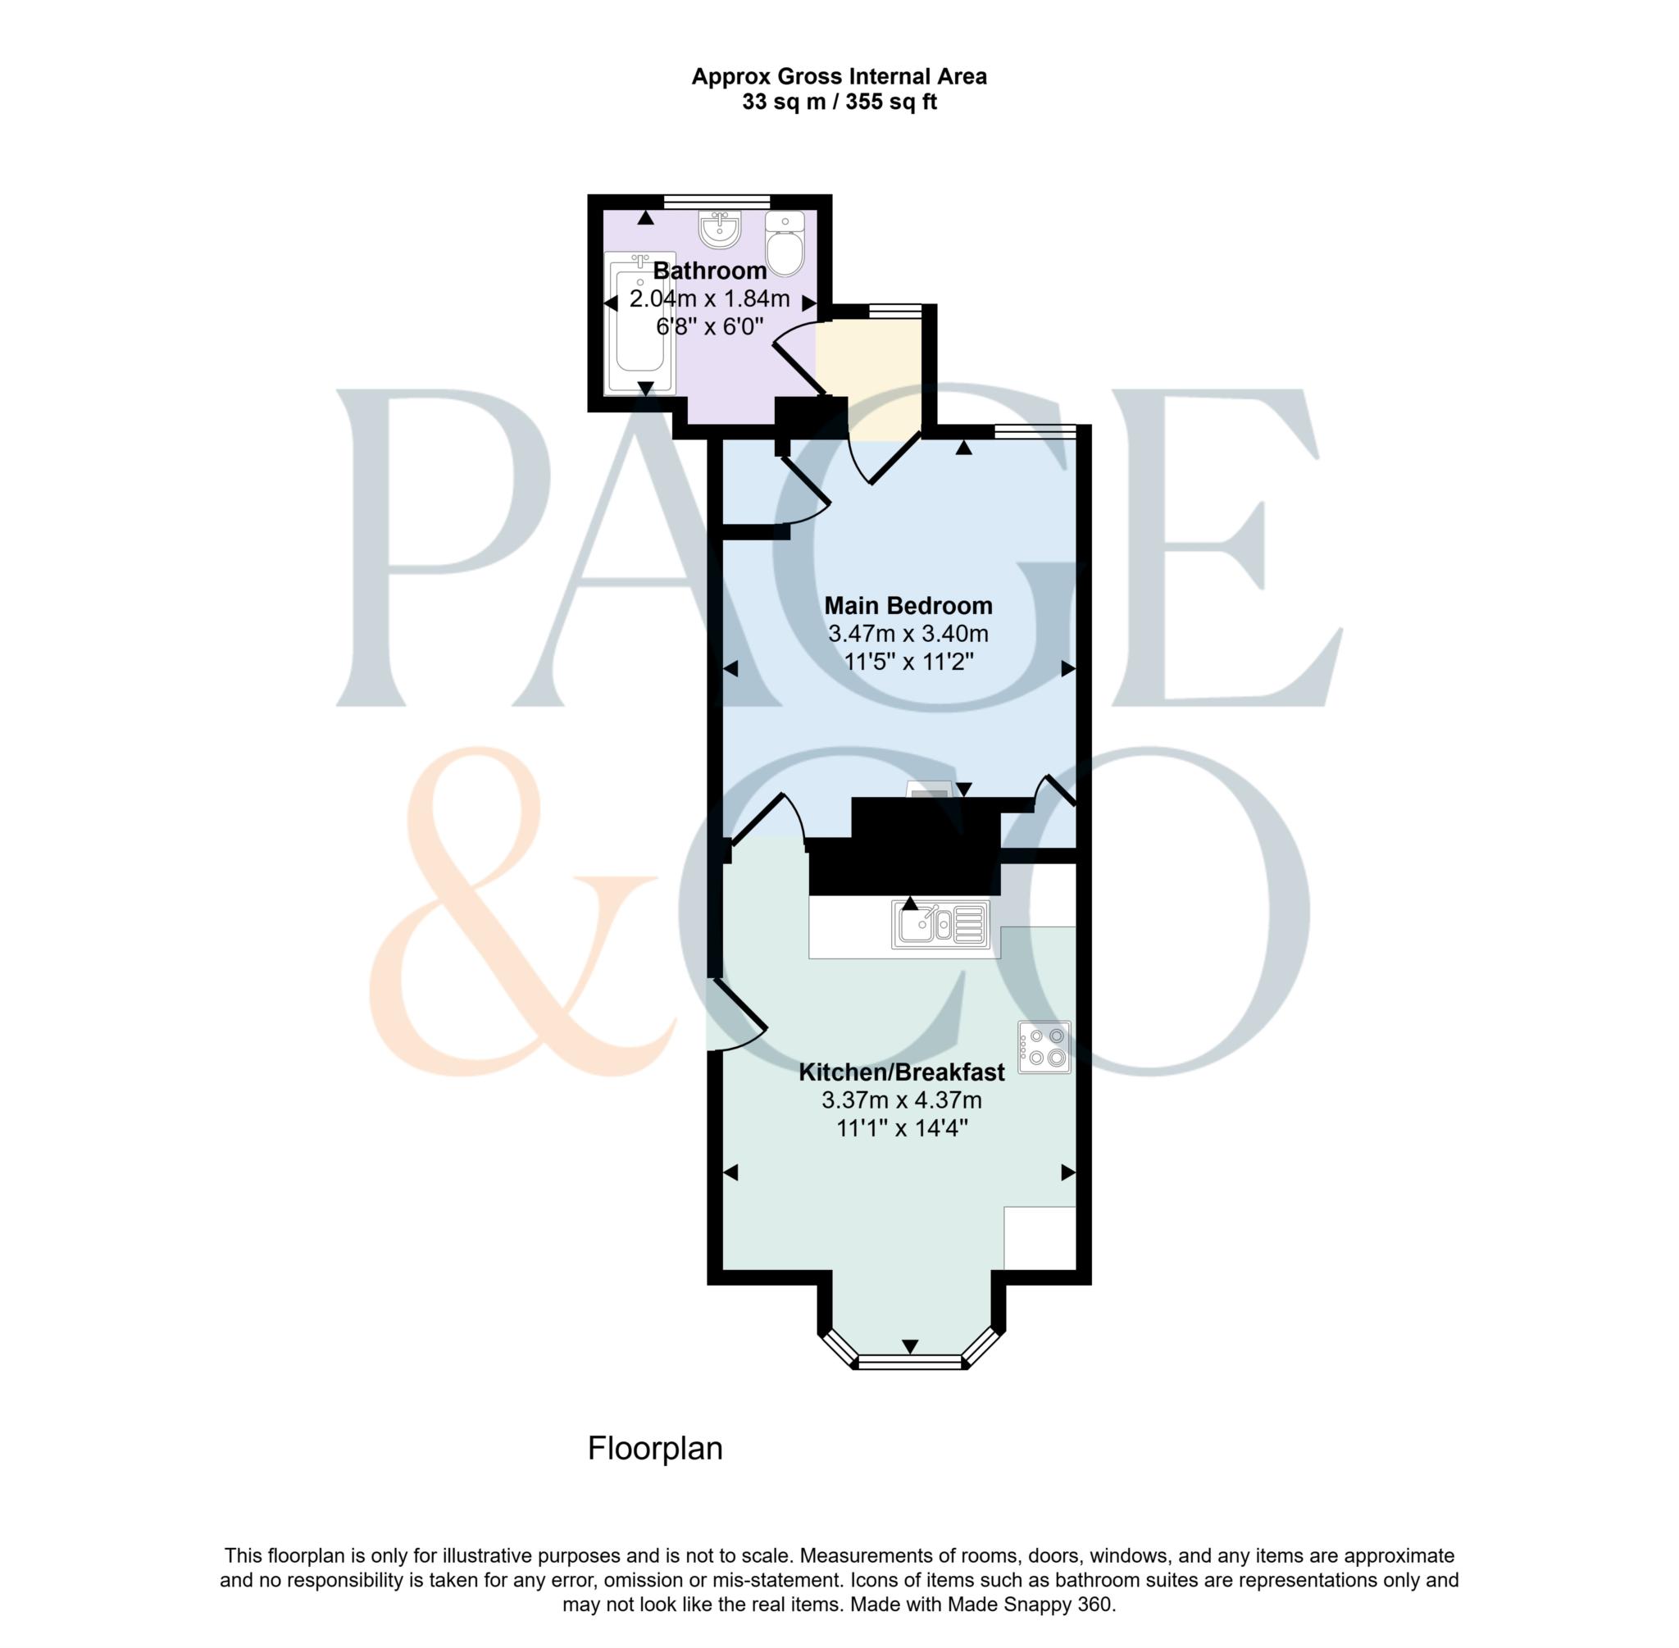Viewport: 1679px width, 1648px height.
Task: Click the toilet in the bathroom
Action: (x=785, y=246)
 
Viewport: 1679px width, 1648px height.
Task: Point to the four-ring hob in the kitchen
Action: (x=1044, y=1047)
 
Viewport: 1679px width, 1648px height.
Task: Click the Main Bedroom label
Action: (x=908, y=605)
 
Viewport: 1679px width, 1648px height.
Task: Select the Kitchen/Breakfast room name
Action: (x=901, y=1072)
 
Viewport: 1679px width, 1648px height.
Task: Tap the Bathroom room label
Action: (x=710, y=271)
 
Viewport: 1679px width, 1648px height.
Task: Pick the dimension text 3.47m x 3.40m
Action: (x=908, y=634)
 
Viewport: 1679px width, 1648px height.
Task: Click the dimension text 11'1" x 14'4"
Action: (x=901, y=1129)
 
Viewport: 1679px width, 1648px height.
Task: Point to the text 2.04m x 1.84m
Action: (x=710, y=299)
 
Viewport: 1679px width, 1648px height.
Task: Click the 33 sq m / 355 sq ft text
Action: (x=839, y=102)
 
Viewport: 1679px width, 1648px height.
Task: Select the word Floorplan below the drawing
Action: (x=655, y=1449)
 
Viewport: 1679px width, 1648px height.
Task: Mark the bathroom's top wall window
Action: (x=717, y=201)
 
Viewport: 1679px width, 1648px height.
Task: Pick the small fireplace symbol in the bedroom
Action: (x=928, y=790)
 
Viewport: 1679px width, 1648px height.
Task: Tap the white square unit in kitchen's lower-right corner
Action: (x=1040, y=1238)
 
